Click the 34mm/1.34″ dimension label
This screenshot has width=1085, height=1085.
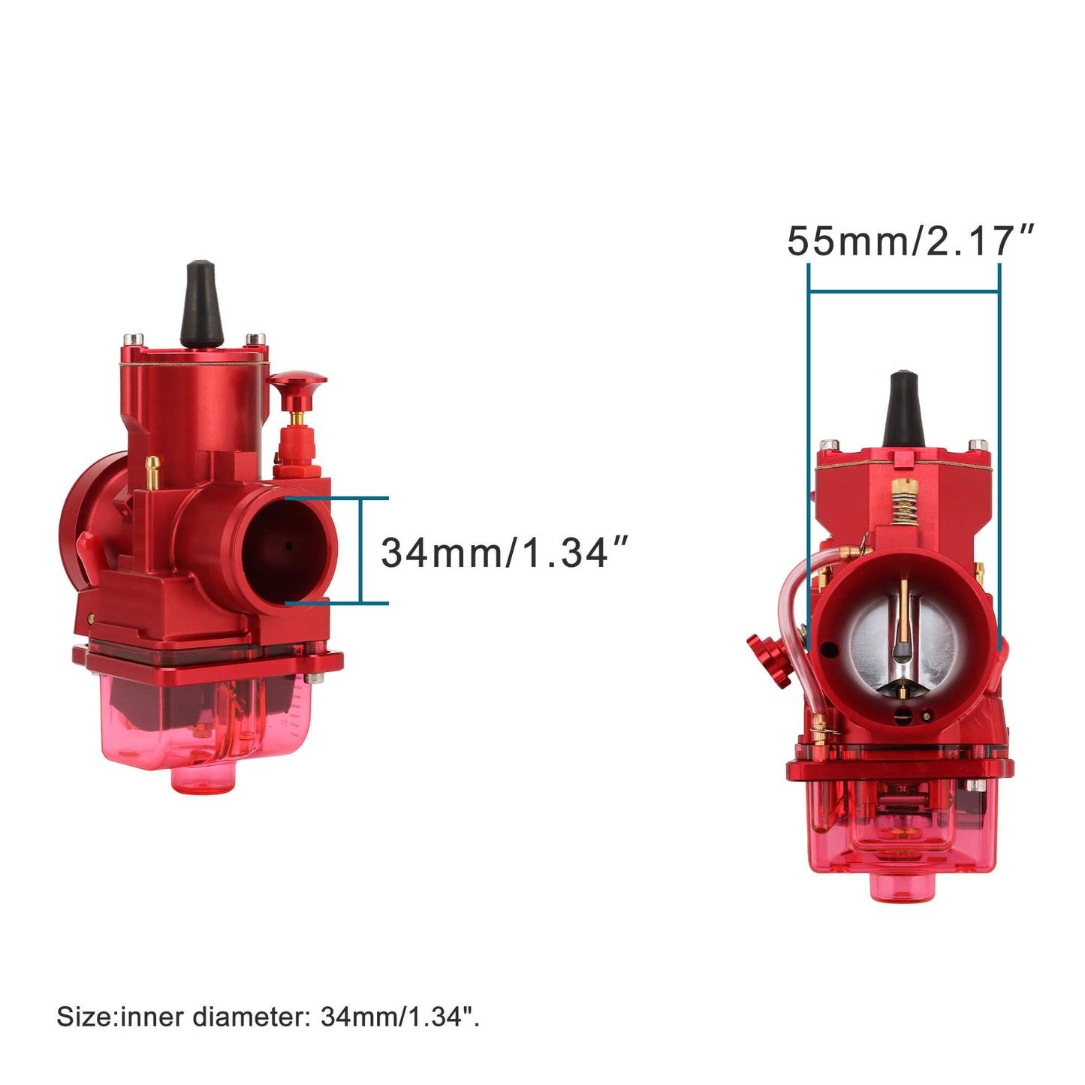[503, 553]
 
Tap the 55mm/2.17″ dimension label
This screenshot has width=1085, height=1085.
[909, 241]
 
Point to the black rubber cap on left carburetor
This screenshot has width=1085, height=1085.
[200, 304]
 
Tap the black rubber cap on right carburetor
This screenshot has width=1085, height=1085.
[903, 408]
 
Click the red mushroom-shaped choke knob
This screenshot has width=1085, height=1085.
[298, 386]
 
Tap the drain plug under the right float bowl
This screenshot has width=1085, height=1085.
[903, 887]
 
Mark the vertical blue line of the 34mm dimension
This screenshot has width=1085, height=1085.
[361, 550]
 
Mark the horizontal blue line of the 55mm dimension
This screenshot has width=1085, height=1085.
[904, 291]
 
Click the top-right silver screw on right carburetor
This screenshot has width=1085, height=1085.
[978, 445]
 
